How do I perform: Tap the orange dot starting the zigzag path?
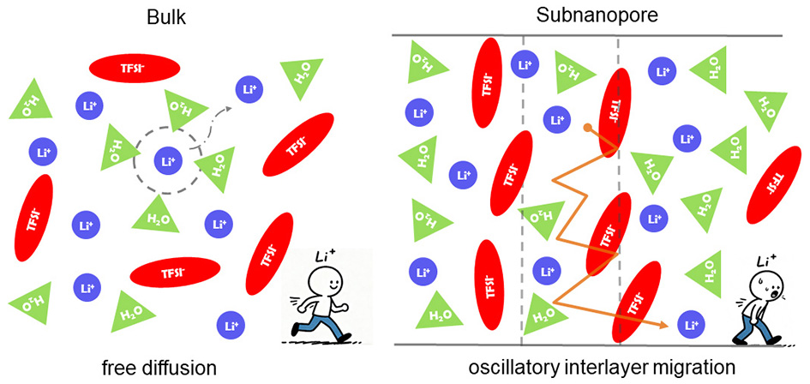coord(586,129)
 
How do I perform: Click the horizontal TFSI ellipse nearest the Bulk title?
coord(135,68)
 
